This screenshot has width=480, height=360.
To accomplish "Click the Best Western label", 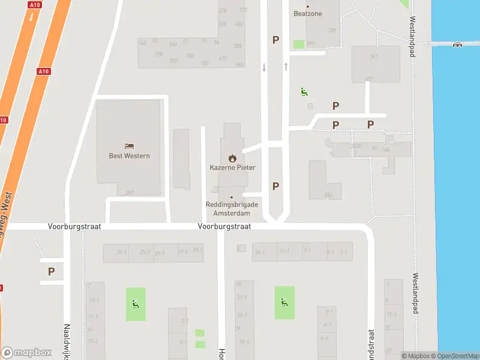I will pos(129,156).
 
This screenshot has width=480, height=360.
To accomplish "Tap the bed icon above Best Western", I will pos(129,146).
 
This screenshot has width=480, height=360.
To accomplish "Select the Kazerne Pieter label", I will pos(232,167).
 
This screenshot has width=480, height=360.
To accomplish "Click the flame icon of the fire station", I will pos(232,158).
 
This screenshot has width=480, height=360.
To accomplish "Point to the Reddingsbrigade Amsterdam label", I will pos(232,209).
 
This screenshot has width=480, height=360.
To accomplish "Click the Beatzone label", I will pos(308,13).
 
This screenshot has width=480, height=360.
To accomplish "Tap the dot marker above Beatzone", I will pos(308,6).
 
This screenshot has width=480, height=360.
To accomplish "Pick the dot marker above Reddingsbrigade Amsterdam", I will pos(232,197).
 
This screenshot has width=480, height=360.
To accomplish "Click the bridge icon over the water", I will pos(458,43).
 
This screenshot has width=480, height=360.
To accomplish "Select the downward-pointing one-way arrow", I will pos(264,67).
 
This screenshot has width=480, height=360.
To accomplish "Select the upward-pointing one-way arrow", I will pos(286,66).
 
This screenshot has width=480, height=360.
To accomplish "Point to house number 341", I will pos(374,56).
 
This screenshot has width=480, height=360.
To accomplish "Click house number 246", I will pos(328,194).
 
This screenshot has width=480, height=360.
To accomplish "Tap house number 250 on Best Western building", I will pos(129,193).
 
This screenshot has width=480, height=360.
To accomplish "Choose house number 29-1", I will pos(121,252).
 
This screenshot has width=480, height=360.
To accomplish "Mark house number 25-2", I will pos(145,252).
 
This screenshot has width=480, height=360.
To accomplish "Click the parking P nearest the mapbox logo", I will pos(52,271).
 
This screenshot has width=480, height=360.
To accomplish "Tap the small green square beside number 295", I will pos(298,44).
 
